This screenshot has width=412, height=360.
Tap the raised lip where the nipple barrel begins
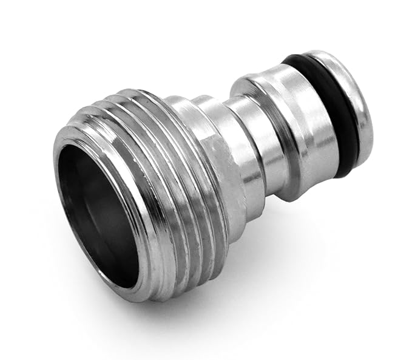[249, 91]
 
